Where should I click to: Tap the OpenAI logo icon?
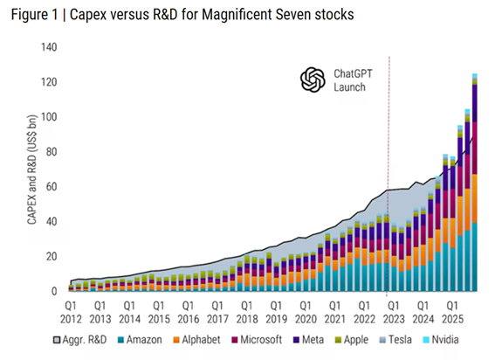312,80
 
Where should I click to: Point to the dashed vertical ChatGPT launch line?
388,175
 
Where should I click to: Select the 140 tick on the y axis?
46,47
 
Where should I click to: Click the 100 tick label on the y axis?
46,117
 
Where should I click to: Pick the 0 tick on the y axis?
52,291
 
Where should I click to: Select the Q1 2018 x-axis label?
246,313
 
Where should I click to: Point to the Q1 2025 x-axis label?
452,313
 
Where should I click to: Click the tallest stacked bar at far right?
475,192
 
